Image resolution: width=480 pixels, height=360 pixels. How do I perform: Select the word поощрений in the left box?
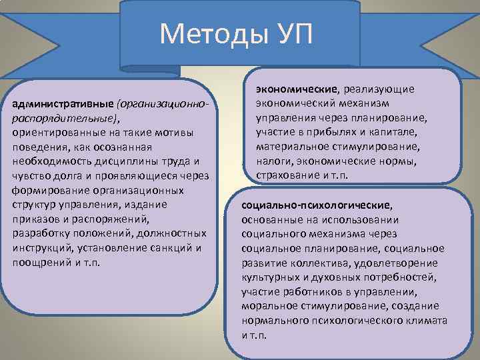tap(39, 260)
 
